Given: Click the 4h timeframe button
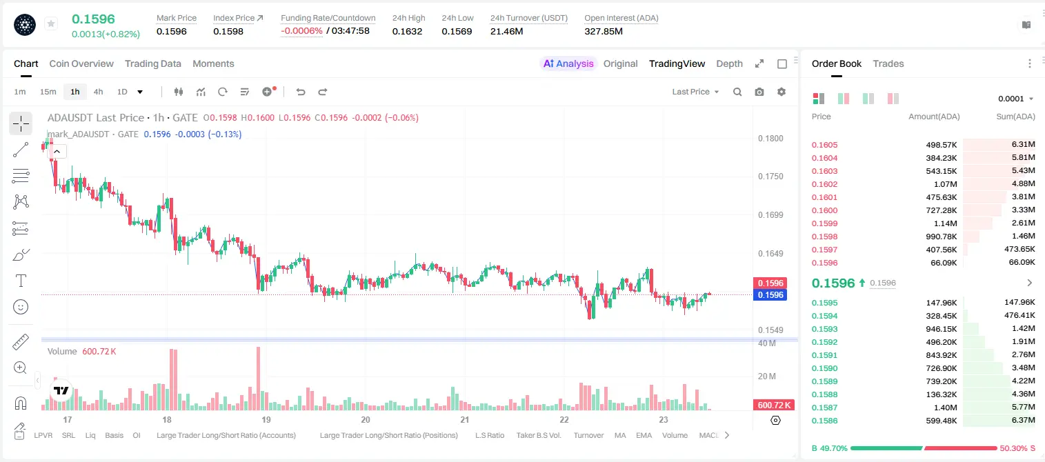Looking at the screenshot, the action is (x=98, y=92).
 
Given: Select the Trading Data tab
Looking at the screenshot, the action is (x=153, y=63).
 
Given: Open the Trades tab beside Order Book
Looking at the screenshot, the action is (x=888, y=63).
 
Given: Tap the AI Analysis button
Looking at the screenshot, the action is (x=568, y=63).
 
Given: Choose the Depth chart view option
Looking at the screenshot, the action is (x=729, y=63).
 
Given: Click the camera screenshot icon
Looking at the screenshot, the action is (x=759, y=92).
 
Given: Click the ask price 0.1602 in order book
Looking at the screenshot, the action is (x=824, y=184).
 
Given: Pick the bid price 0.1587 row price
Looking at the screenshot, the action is (x=824, y=408).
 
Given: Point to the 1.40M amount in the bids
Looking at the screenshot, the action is (x=946, y=408).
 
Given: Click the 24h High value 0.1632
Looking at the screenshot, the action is (x=407, y=31).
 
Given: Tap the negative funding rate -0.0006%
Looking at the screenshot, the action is (x=301, y=31).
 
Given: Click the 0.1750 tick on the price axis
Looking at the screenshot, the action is (x=770, y=177).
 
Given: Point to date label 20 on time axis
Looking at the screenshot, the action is (x=366, y=419).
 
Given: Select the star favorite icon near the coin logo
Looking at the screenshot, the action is (x=51, y=23).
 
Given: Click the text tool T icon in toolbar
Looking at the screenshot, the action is (x=21, y=281).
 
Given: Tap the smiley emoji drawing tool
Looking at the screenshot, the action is (x=21, y=307).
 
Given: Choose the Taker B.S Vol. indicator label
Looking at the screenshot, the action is (x=538, y=435).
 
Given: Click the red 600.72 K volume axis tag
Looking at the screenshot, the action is (x=774, y=405).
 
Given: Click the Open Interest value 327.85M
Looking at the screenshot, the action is (x=604, y=31).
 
